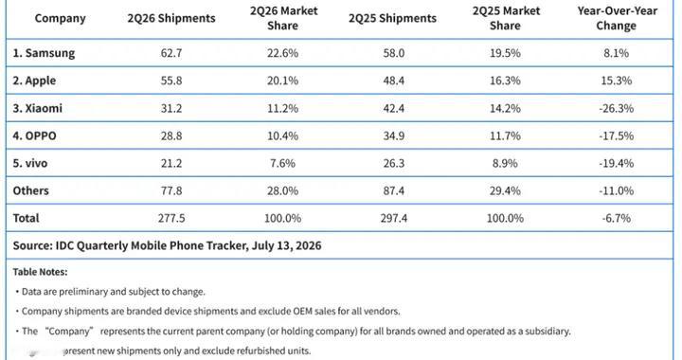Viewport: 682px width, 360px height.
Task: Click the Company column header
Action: (x=60, y=18)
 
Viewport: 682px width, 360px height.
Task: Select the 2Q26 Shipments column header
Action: (x=171, y=18)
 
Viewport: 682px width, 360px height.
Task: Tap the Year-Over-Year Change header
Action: (x=617, y=18)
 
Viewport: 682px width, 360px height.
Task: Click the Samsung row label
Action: (x=44, y=53)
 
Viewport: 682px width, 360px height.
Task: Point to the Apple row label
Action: (x=34, y=81)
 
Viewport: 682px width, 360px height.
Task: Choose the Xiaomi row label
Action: (x=37, y=108)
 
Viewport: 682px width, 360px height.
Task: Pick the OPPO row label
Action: (x=34, y=135)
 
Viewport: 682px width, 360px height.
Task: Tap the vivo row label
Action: (x=30, y=163)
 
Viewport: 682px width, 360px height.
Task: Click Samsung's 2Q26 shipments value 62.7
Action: (x=171, y=53)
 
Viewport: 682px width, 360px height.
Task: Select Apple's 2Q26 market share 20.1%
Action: (x=282, y=81)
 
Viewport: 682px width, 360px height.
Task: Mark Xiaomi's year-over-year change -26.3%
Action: (x=617, y=108)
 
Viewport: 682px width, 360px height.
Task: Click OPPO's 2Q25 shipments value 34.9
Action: (x=394, y=135)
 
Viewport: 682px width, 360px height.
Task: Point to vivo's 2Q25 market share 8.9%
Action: (x=505, y=163)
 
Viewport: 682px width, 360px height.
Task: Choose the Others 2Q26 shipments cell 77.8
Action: (x=171, y=190)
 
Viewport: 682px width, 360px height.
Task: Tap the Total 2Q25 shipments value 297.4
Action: (x=394, y=218)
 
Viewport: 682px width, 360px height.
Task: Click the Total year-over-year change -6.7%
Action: (x=617, y=218)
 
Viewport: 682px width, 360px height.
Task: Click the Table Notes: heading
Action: (x=40, y=272)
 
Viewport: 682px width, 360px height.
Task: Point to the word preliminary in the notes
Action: (x=82, y=292)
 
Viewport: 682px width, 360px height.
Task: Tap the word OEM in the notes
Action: (x=304, y=312)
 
